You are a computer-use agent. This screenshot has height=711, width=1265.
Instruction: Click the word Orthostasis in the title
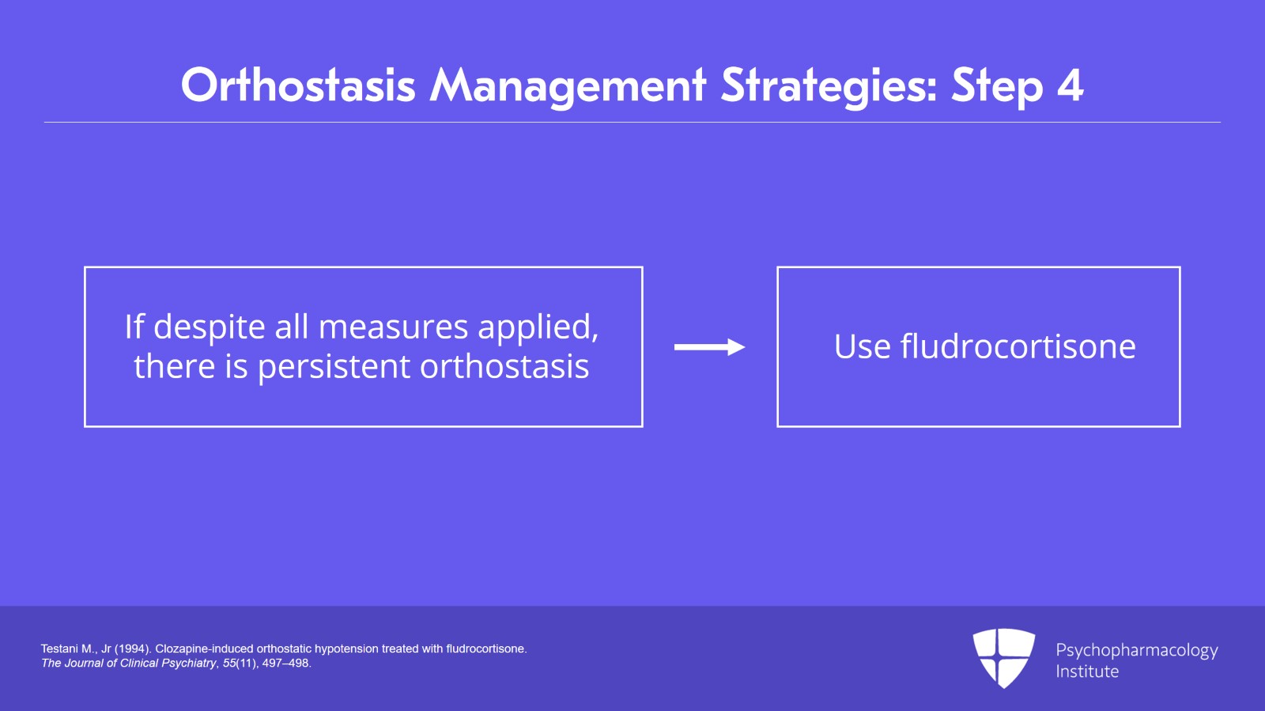point(298,85)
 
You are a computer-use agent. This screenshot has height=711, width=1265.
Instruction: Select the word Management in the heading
point(567,85)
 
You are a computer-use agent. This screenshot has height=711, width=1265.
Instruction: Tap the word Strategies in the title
point(829,85)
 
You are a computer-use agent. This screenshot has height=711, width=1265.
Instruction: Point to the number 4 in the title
point(1070,85)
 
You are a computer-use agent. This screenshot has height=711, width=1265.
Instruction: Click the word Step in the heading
point(997,85)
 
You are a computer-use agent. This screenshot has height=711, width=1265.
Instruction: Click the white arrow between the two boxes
point(709,347)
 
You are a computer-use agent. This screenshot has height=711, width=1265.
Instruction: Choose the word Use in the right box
point(862,347)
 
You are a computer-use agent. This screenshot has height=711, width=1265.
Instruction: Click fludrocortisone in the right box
point(1018,347)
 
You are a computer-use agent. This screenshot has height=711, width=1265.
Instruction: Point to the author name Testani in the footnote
point(61,649)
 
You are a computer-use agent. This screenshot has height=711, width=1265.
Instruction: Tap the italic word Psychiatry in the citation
point(188,664)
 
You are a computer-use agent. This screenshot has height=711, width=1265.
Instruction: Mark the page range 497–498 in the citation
point(286,664)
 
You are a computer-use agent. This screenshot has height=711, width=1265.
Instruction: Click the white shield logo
point(1003,657)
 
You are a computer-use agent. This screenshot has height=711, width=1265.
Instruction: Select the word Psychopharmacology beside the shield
point(1136,650)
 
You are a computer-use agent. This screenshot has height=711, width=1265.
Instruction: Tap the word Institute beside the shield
point(1087,671)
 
